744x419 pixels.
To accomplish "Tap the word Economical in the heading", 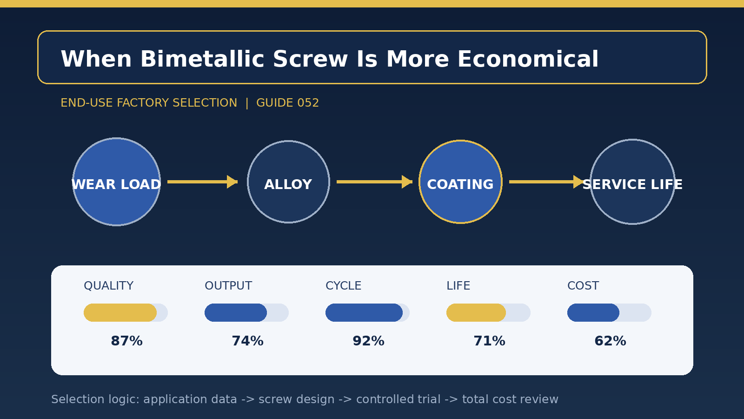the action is coord(528,59).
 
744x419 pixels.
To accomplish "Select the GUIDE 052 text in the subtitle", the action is coord(287,103).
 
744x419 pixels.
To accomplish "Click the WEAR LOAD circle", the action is coord(116,182).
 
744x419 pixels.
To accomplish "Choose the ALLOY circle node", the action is coord(288,182).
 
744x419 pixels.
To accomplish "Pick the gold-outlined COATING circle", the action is coord(460,182).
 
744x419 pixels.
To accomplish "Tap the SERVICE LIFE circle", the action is coord(632,182).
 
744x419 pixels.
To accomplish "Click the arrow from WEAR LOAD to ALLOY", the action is coord(203,182).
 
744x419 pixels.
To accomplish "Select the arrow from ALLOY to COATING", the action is coord(374,182).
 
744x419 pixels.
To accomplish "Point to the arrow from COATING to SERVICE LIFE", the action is coord(546,182).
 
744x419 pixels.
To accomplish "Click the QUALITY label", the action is coord(109,286).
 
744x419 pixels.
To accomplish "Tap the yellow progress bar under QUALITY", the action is coord(120,312).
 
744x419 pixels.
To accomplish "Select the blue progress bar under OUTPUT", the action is coord(235,312).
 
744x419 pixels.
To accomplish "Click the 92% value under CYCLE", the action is coord(368,341).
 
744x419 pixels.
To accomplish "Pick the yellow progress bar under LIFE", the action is coord(476,312).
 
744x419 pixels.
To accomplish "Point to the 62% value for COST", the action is coord(610,341).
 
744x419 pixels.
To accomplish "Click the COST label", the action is coord(583,286).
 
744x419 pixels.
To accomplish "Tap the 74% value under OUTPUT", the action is coord(247,341).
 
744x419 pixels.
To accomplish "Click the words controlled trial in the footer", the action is coord(398,399).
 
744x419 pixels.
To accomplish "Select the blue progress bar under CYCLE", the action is coord(364,312).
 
